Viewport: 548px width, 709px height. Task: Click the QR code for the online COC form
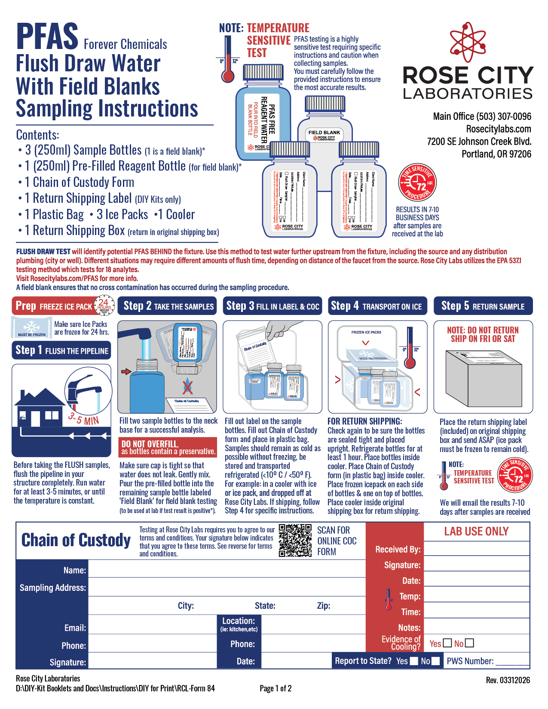[295, 540]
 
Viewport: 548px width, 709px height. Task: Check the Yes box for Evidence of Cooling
[447, 643]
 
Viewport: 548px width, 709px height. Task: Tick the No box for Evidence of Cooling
[469, 643]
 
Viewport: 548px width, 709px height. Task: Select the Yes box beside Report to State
[413, 661]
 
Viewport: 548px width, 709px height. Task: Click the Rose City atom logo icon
[468, 42]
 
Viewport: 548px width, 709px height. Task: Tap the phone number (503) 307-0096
[503, 116]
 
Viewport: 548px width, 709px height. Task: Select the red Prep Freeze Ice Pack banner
[54, 306]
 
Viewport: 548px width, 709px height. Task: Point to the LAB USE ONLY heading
[476, 532]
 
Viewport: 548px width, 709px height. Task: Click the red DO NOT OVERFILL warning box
[168, 447]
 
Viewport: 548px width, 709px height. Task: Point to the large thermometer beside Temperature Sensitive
[228, 60]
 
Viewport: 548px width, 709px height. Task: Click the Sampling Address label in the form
[52, 587]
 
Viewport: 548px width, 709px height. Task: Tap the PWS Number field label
[470, 661]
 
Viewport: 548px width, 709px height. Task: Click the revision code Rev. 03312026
[508, 680]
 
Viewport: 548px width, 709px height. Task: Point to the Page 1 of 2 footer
[276, 688]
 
